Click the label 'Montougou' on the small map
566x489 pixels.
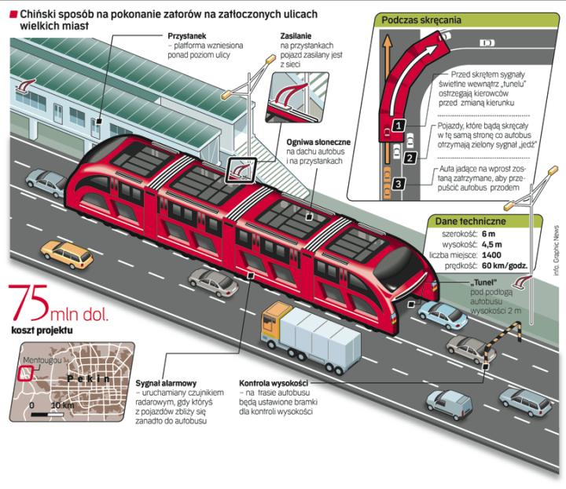[x=39, y=359]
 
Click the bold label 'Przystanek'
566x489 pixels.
[x=187, y=36]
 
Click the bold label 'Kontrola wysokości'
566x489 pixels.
[x=274, y=382]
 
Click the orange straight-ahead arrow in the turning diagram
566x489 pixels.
[x=386, y=86]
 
